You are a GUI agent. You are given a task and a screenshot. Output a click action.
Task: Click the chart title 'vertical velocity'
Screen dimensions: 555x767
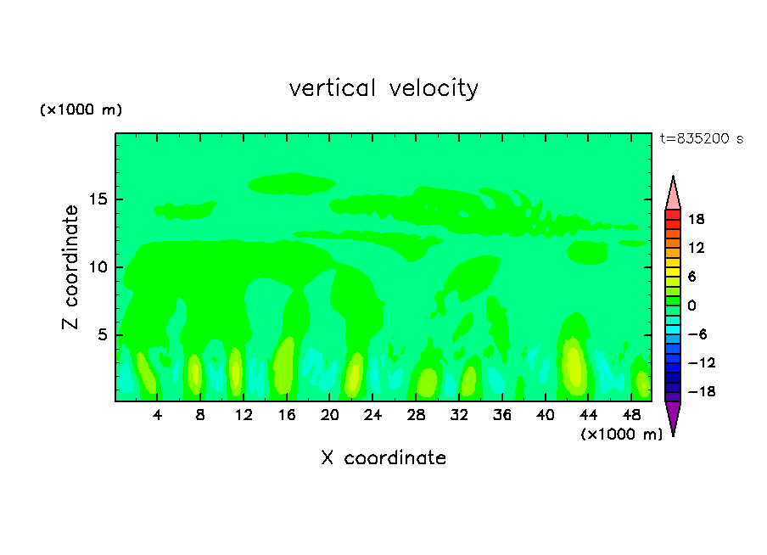(383, 88)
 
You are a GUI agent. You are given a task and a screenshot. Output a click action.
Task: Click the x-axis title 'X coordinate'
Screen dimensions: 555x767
(383, 458)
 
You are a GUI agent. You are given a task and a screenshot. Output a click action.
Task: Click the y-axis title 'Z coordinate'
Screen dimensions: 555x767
(70, 267)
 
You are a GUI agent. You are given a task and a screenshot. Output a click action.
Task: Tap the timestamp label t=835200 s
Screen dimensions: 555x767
(701, 139)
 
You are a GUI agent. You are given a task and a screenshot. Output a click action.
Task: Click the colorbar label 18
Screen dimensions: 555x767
(697, 219)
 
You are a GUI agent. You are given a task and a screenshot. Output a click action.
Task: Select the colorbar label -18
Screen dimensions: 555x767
(695, 392)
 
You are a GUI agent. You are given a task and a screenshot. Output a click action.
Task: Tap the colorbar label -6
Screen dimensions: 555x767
(696, 334)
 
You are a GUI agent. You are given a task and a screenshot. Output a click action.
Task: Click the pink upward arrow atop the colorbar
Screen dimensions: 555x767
(673, 193)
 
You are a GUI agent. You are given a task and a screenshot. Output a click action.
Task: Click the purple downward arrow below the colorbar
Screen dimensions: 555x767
(673, 418)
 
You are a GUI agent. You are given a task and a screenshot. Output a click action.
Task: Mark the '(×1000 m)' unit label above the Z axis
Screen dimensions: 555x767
(81, 110)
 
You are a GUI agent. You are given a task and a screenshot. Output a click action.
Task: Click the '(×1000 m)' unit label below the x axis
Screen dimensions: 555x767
(622, 434)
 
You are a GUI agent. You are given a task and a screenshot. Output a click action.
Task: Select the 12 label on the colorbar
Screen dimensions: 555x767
(697, 248)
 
